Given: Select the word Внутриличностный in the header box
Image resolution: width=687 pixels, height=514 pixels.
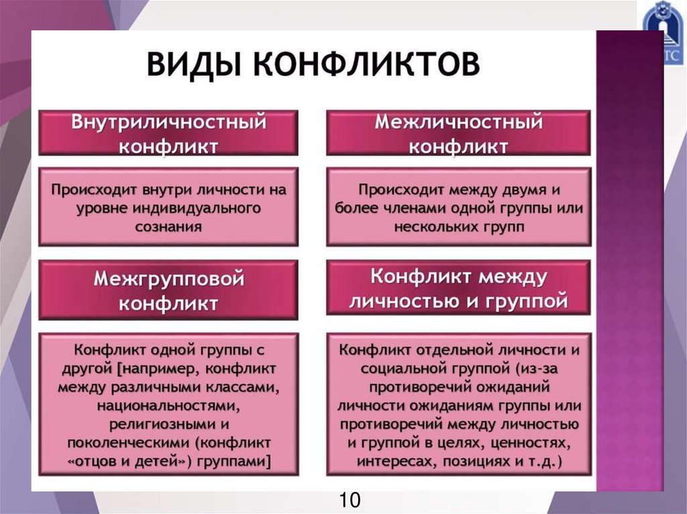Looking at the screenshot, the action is tap(168, 123).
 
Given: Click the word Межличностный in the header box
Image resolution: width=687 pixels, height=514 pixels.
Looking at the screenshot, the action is tap(458, 123).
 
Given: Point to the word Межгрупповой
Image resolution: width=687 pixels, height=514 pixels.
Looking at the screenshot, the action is tap(168, 278).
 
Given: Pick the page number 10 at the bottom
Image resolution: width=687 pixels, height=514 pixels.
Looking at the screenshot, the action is tap(350, 500).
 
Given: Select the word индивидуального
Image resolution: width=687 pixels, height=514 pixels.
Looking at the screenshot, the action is tap(206, 208).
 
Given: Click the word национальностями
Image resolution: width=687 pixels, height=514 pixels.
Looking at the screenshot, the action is tap(168, 405).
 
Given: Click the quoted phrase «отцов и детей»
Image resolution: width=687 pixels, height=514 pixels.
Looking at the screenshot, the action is tap(133, 462).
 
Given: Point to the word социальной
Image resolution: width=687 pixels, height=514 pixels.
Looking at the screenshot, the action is tap(401, 368).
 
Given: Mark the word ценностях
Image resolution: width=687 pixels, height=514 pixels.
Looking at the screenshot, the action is tap(529, 443).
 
